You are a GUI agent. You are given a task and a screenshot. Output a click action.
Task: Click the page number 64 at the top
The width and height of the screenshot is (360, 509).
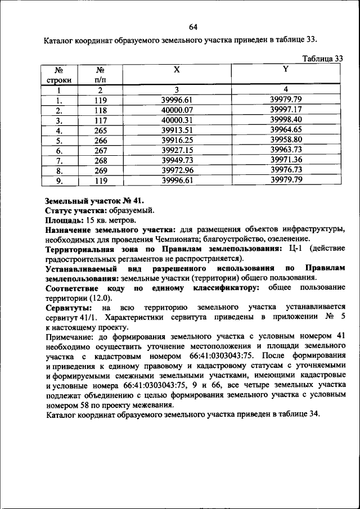(193, 27)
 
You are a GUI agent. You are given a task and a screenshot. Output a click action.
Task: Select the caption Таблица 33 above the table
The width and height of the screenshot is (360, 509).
(323, 58)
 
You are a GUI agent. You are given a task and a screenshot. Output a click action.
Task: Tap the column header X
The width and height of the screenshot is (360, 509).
(177, 70)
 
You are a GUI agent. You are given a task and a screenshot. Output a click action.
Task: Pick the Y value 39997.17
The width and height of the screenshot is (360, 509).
(286, 110)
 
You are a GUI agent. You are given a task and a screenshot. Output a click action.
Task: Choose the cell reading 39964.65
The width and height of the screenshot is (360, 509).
(286, 130)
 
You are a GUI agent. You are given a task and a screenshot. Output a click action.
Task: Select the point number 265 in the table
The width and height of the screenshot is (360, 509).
(101, 130)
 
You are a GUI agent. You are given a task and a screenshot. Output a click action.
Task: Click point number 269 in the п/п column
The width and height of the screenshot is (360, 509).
(101, 170)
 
